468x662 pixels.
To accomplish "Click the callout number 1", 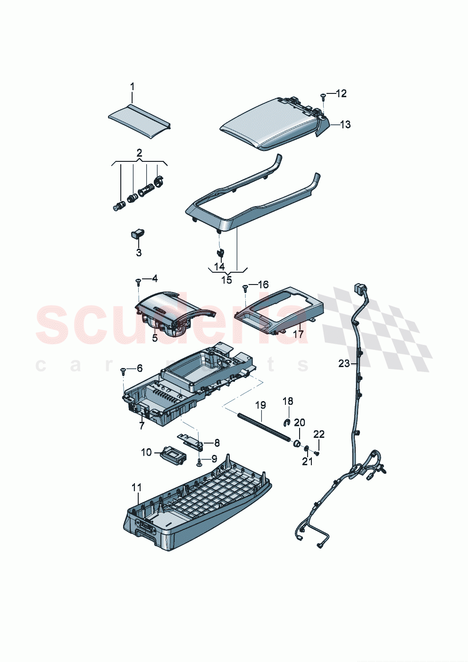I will (132, 86).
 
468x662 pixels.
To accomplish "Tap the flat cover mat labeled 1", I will (139, 122).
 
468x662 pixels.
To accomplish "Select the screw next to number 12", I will (323, 96).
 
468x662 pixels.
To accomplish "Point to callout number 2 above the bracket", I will (139, 153).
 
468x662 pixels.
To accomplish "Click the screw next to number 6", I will (123, 371).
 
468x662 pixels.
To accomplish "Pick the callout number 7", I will (142, 426).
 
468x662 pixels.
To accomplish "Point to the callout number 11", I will (137, 487).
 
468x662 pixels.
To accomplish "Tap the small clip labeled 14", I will (220, 252).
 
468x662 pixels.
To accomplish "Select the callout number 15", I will (227, 280).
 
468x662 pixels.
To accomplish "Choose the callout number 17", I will (298, 335).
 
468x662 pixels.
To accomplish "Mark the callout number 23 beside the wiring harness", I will (344, 363).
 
